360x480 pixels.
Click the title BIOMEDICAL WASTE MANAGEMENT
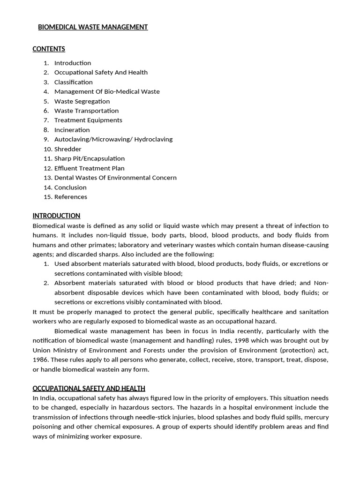93,27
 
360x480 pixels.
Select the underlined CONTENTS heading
49,49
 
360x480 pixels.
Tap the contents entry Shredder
67,149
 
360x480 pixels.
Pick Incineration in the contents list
72,130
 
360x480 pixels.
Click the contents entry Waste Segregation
82,101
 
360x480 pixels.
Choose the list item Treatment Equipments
88,120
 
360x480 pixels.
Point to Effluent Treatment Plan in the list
90,168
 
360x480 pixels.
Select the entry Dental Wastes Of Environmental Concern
115,178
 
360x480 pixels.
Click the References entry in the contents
71,197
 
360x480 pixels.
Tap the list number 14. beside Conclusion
47,187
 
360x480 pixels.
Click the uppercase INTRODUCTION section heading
56,216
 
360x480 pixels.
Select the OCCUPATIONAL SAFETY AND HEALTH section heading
89,388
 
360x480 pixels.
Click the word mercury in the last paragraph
316,417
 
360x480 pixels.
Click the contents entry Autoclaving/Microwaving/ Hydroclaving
113,139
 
